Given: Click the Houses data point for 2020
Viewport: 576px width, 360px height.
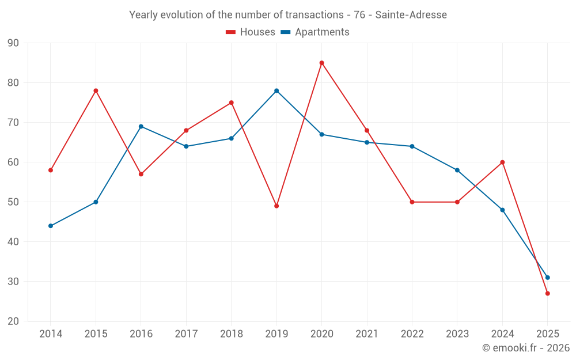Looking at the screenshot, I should click(x=321, y=63).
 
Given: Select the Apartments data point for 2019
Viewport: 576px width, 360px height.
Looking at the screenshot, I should click(x=276, y=90).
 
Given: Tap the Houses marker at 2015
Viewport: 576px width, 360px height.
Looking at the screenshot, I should click(x=96, y=90).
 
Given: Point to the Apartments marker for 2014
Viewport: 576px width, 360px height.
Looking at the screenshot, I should click(x=51, y=226).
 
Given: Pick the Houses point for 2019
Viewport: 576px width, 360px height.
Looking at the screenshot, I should click(x=276, y=206).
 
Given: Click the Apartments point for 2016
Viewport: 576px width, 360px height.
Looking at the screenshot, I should click(x=141, y=126).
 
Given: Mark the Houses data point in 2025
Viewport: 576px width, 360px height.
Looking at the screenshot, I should click(x=548, y=293).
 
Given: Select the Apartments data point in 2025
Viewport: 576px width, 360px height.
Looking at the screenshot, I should click(x=548, y=278).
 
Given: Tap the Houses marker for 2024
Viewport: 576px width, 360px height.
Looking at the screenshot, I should click(x=502, y=162).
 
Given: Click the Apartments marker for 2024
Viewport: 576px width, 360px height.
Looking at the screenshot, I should click(x=502, y=210).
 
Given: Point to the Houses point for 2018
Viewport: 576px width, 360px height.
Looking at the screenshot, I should click(x=231, y=103).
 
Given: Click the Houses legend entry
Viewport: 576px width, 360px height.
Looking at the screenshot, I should click(x=251, y=32).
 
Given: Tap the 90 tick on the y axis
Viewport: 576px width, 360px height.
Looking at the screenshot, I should click(x=13, y=43).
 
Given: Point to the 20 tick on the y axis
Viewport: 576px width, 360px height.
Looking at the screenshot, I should click(x=13, y=321).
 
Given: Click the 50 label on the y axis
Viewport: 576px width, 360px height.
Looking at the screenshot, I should click(x=13, y=202).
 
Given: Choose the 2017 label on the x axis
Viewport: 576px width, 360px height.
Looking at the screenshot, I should click(x=186, y=334).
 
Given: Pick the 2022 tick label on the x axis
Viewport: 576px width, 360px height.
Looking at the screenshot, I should click(x=412, y=334).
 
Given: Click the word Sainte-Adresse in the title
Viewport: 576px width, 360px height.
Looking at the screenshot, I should click(x=411, y=15).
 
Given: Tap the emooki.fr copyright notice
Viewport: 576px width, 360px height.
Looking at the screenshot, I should click(x=526, y=348).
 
